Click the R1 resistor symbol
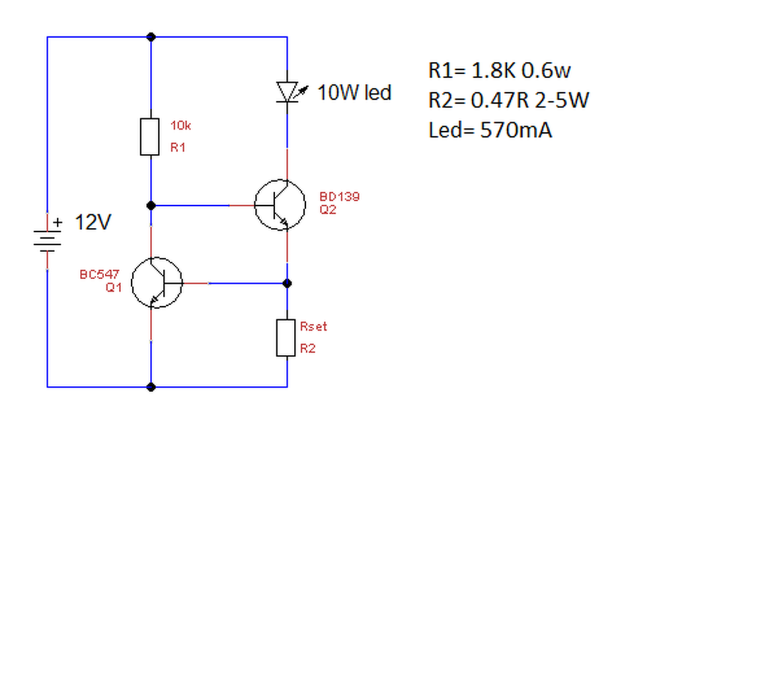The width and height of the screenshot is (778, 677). (150, 137)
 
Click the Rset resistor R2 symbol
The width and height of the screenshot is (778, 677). (286, 338)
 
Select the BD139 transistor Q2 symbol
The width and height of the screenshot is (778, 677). (280, 205)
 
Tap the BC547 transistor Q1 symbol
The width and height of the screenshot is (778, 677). (157, 283)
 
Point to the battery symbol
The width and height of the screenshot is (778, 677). (47, 241)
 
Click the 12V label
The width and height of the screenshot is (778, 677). (93, 222)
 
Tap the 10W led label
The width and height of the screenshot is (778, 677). (354, 93)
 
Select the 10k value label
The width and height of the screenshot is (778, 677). (180, 126)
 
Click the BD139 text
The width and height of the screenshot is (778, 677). (339, 196)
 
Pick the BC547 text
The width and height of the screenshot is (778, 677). (100, 274)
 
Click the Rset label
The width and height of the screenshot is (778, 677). (313, 327)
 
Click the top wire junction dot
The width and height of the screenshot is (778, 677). (151, 37)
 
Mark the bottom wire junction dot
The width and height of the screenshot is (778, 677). (151, 387)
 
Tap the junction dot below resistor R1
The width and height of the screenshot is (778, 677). (151, 206)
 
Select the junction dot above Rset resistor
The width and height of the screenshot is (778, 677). (288, 284)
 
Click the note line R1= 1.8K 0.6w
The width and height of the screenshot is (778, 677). (500, 71)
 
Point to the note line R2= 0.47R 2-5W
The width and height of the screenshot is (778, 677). (508, 100)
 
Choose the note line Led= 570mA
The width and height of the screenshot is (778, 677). (490, 130)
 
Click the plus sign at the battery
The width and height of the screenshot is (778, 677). (58, 222)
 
